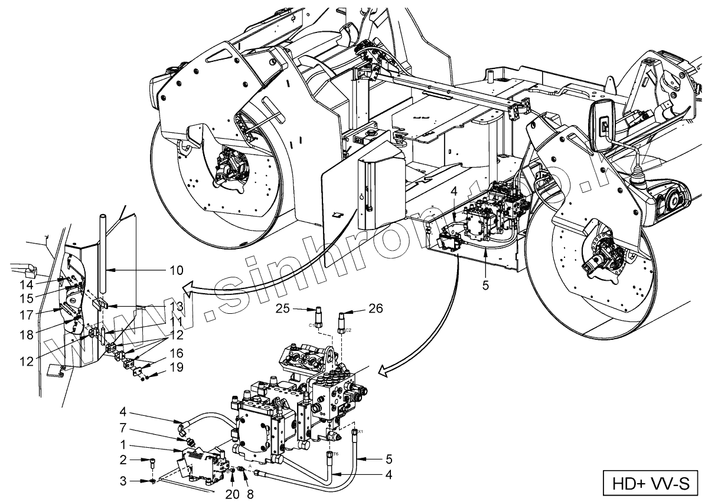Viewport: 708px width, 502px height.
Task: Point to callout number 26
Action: (376, 308)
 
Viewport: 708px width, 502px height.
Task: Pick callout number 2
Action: (124, 459)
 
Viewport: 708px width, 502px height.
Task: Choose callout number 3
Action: (124, 481)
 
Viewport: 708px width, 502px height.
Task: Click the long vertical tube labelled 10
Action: (102, 254)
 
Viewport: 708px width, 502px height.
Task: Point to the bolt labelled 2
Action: (152, 461)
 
